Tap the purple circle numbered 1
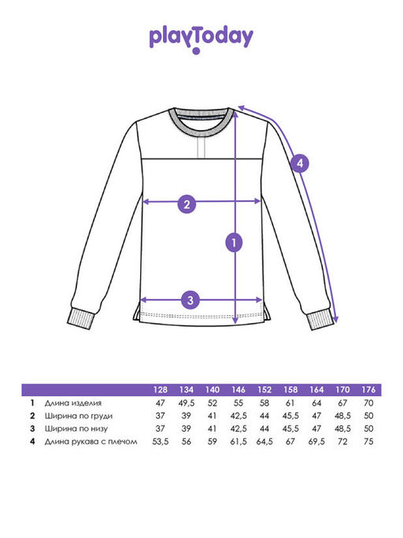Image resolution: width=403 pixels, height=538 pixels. [x=234, y=243]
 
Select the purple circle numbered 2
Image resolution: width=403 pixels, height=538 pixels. [x=187, y=205]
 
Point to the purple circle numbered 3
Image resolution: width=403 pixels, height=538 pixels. [x=190, y=300]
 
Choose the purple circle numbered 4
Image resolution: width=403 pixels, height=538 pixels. [x=300, y=163]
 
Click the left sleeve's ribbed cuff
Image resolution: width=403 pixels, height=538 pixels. [x=80, y=318]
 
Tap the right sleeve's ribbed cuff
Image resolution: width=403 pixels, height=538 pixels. [x=320, y=320]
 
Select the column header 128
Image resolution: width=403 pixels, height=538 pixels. [x=160, y=390]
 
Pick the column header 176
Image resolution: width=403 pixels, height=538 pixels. [x=368, y=390]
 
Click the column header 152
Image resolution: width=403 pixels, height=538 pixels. [x=264, y=390]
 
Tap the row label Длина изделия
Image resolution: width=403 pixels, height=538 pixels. [x=73, y=403]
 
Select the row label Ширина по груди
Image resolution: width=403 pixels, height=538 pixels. [x=79, y=416]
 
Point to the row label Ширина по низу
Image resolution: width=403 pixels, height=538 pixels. [x=76, y=429]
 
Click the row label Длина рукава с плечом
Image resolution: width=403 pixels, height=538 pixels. [x=91, y=442]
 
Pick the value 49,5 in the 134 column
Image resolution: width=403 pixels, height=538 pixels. [x=187, y=403]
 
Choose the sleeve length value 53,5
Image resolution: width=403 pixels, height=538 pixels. [x=160, y=442]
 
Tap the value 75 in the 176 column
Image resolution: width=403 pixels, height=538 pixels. [x=368, y=442]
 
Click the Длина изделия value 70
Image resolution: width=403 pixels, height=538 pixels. [x=368, y=403]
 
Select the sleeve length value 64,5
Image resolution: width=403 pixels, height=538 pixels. [x=264, y=442]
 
